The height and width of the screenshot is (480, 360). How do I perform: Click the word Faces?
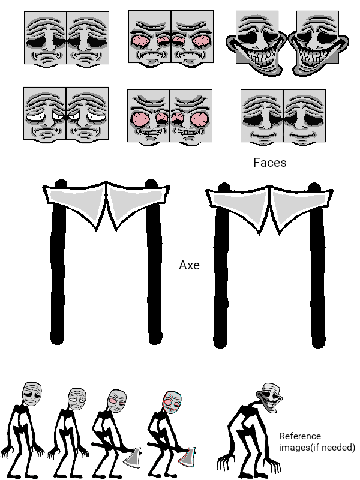coord(269,163)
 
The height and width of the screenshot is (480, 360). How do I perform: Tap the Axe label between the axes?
coord(189,265)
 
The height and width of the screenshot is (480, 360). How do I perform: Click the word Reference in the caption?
coord(300,436)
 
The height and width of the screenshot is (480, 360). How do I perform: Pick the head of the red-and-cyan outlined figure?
coord(172,402)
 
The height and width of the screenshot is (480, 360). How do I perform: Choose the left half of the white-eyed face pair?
coord(45,115)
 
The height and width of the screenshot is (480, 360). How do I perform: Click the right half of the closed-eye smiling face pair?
coord(304,116)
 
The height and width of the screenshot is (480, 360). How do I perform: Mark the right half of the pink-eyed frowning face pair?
coord(192,38)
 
